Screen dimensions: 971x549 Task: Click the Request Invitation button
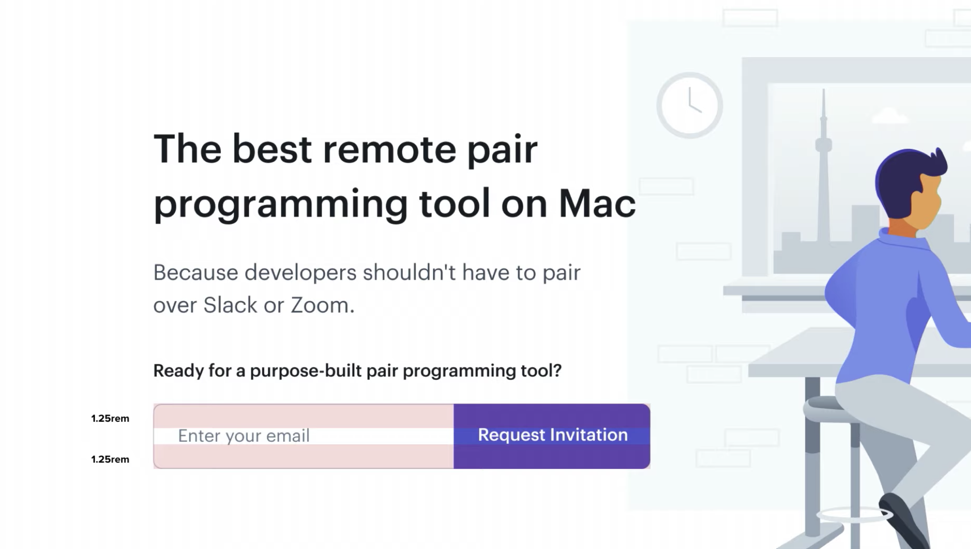[552, 436]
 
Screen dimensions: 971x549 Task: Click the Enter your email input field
[304, 436]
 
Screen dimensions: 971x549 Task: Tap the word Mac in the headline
[597, 204]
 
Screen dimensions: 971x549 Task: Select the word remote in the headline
[390, 149]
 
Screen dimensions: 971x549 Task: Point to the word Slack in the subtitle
[230, 305]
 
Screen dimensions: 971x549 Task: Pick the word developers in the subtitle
[300, 273]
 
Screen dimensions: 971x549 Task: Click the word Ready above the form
[178, 371]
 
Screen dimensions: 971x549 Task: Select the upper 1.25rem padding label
[110, 418]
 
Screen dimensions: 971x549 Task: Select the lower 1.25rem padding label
[110, 459]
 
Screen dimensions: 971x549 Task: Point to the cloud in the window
[890, 115]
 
